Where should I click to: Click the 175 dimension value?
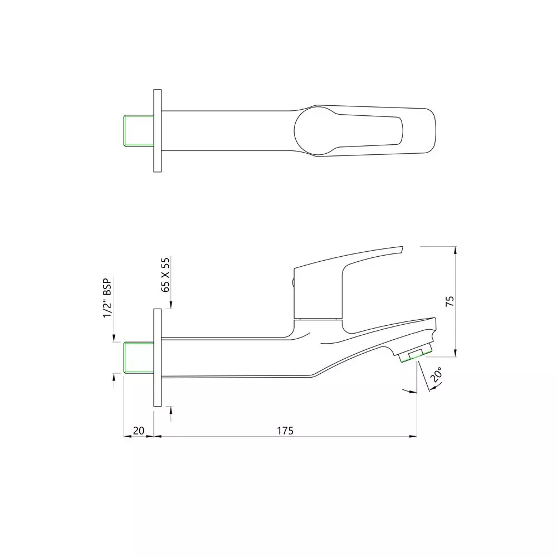click(285, 430)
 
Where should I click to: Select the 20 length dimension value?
click(139, 430)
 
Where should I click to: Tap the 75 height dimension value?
click(450, 301)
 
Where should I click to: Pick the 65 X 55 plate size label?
click(165, 275)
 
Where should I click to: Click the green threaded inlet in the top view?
click(138, 131)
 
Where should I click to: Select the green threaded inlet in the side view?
click(138, 357)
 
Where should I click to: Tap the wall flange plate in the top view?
click(157, 131)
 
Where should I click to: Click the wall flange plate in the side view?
click(157, 357)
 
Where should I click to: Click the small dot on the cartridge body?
click(294, 283)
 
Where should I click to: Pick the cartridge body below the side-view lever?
click(317, 295)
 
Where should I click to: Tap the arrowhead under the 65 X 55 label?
click(170, 304)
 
